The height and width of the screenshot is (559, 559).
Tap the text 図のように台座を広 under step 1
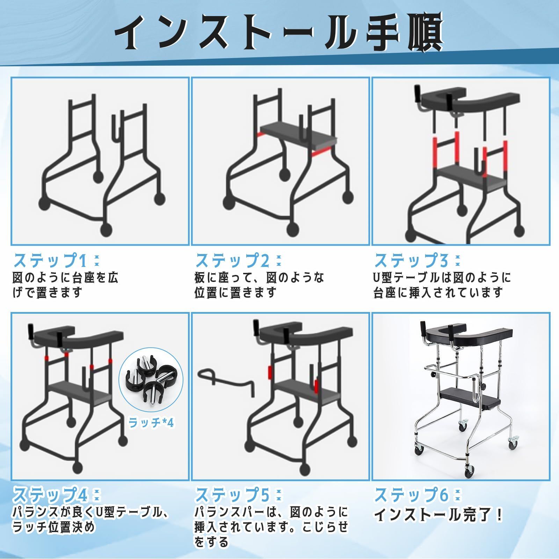pos(66,278)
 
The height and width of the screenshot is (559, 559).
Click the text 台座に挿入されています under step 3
pos(438,292)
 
